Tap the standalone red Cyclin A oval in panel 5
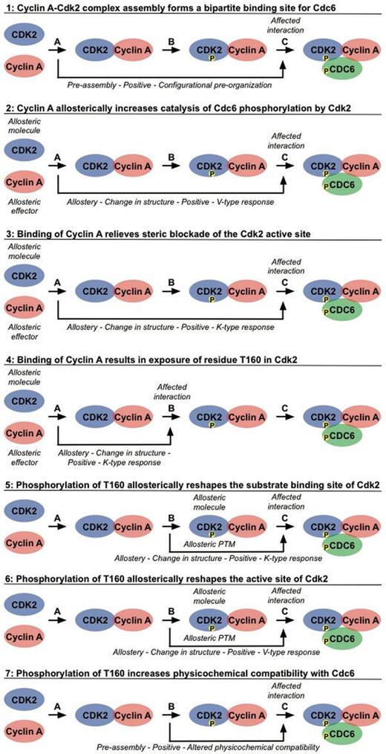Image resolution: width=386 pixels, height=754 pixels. pos(24,537)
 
